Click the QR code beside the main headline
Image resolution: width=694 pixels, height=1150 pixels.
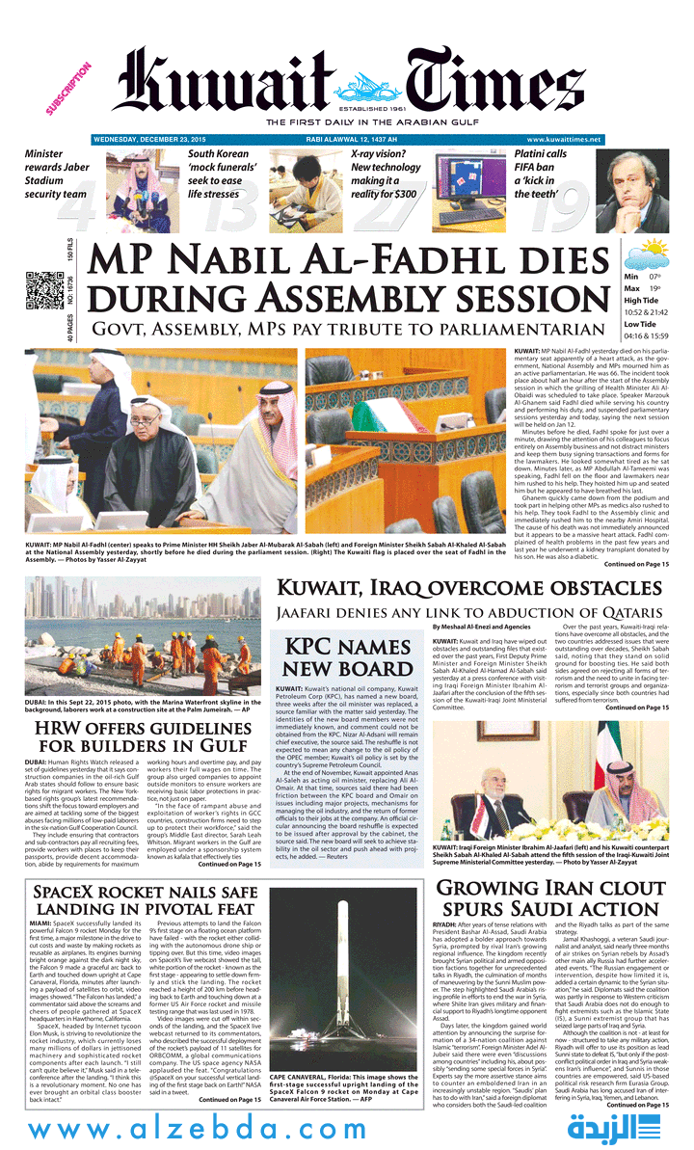pyautogui.click(x=42, y=290)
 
